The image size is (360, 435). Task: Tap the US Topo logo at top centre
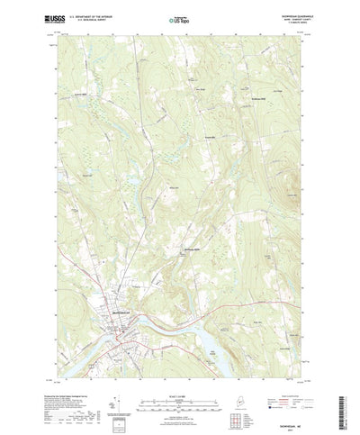pyautogui.click(x=180, y=18)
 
